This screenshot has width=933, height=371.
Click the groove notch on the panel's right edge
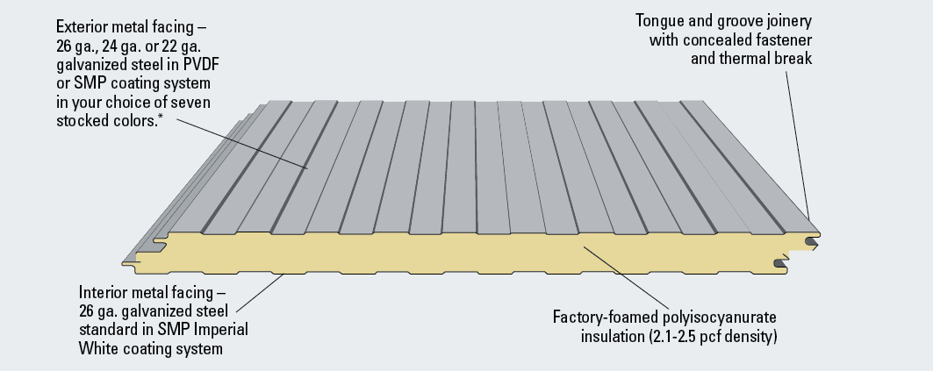coord(780,260)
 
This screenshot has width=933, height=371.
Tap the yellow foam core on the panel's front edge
coord(439,254)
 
